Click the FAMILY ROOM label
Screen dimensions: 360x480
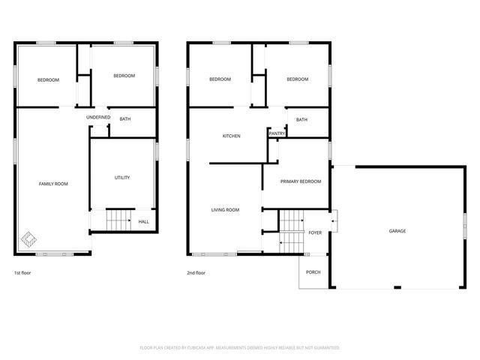53,184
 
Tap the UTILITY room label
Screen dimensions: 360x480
122,178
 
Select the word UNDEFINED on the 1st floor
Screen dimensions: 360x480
98,118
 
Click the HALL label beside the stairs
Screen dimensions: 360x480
143,221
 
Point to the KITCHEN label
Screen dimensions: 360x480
231,136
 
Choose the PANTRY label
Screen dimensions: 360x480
277,133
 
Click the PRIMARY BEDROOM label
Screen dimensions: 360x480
300,181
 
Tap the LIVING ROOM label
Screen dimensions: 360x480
225,210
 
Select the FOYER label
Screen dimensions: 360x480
315,232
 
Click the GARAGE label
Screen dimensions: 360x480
397,231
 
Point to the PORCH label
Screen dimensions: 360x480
313,271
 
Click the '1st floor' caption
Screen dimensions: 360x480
22,273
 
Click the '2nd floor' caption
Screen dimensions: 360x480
196,273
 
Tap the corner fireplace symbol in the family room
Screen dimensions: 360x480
27,241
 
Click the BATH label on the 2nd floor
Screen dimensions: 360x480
301,120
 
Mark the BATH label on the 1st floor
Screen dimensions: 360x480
125,118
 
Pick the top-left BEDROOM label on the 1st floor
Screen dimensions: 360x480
48,79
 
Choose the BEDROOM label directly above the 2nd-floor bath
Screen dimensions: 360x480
297,79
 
